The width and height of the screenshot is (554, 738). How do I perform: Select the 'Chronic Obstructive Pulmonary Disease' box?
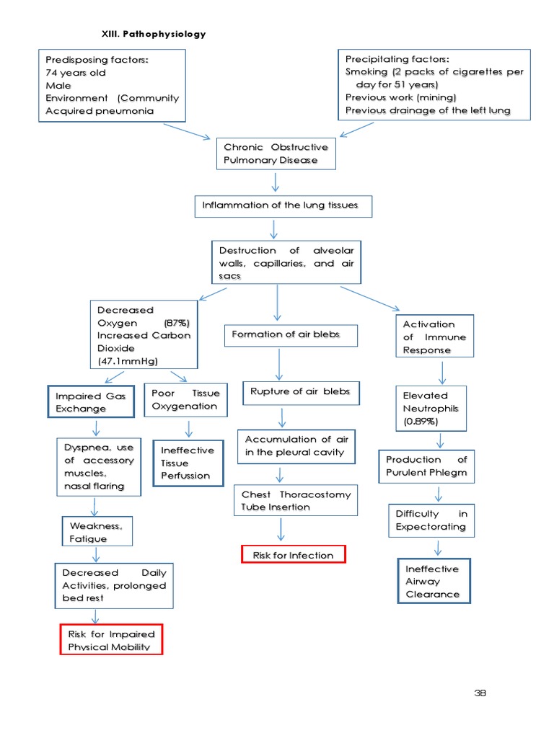pyautogui.click(x=276, y=154)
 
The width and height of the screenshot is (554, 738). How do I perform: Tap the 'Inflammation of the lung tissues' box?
pyautogui.click(x=283, y=206)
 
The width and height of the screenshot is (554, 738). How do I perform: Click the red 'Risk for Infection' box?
pyautogui.click(x=293, y=554)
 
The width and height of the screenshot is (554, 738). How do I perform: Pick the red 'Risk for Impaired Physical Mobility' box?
pyautogui.click(x=112, y=640)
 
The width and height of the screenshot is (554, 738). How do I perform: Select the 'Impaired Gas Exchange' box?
pyautogui.click(x=91, y=402)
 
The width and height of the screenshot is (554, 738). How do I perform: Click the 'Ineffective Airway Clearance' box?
pyautogui.click(x=433, y=581)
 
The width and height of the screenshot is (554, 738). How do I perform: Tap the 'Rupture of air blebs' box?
pyautogui.click(x=300, y=391)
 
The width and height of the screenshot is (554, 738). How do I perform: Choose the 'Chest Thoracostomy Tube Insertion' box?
pyautogui.click(x=296, y=500)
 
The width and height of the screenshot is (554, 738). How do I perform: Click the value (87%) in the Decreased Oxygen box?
pyautogui.click(x=177, y=323)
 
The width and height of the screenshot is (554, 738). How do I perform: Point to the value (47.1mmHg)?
pyautogui.click(x=128, y=360)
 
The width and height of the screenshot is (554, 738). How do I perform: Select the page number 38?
pyautogui.click(x=480, y=693)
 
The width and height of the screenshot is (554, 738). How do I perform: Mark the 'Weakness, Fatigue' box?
pyautogui.click(x=96, y=532)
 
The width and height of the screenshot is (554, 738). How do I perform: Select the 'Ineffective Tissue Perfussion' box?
pyautogui.click(x=188, y=463)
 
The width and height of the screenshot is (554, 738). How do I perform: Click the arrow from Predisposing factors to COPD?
pyautogui.click(x=186, y=131)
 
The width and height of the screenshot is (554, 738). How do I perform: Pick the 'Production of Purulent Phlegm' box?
pyautogui.click(x=426, y=466)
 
